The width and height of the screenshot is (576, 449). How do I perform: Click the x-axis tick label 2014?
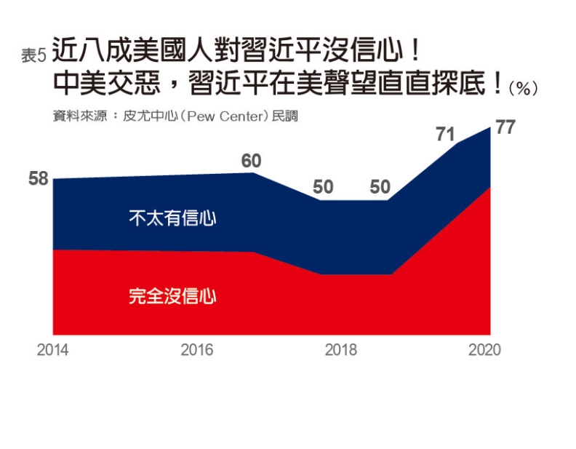(52, 350)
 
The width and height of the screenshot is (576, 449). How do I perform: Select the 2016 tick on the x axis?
(196, 350)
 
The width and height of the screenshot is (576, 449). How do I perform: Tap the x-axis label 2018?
(340, 350)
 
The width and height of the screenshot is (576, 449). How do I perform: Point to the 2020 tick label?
(484, 350)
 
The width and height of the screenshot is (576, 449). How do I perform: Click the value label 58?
(38, 178)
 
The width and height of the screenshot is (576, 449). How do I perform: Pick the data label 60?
(251, 161)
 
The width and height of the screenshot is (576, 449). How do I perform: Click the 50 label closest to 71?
(380, 187)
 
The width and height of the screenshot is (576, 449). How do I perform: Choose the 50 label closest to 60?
(323, 187)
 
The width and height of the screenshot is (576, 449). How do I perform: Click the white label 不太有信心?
(172, 218)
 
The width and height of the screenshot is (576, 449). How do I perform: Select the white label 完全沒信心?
(172, 296)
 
